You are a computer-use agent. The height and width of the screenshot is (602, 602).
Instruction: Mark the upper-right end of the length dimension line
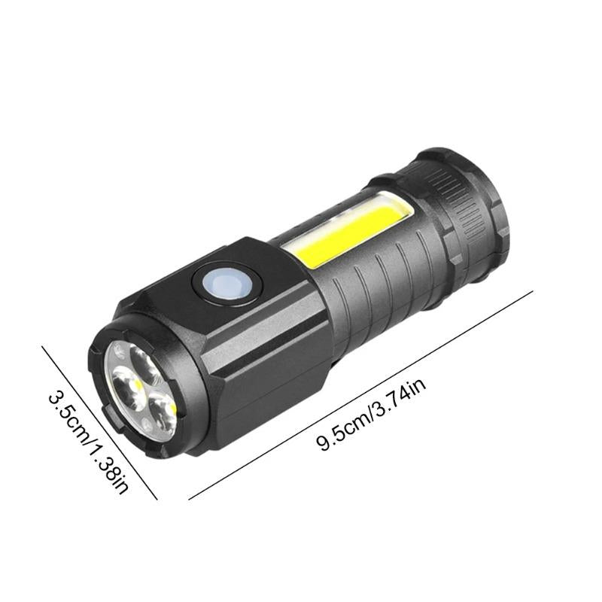click(533, 291)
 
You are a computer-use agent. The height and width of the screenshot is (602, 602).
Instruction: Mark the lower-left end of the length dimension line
click(189, 499)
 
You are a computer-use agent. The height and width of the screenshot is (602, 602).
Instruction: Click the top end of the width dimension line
click(42, 345)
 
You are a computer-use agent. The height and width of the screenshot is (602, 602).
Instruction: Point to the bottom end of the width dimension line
click(157, 499)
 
